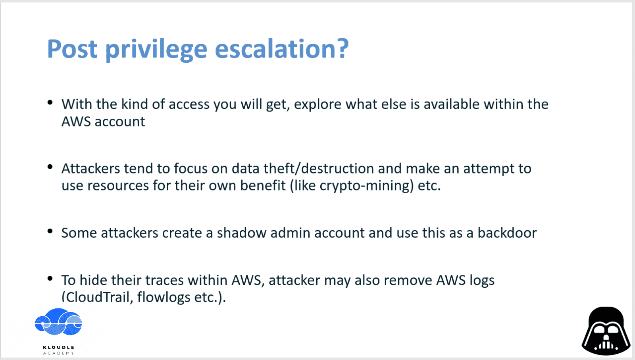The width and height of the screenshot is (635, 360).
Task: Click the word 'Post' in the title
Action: coord(72,49)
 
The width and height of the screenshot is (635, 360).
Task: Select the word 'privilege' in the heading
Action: coord(156,50)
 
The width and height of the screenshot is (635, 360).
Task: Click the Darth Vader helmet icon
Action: coord(606,331)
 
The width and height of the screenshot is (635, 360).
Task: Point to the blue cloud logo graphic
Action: coord(58,322)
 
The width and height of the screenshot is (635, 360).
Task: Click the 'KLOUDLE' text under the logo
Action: coord(59,347)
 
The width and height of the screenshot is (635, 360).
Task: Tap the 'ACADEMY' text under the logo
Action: coord(59,353)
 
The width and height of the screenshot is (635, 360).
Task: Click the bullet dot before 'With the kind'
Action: coord(50,102)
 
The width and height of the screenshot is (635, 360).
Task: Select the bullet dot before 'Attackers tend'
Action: coord(50,167)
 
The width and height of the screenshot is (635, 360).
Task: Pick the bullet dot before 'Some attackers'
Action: coord(50,231)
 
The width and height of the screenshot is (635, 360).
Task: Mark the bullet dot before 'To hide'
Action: coord(50,278)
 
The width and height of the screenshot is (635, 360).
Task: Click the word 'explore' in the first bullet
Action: coord(317,105)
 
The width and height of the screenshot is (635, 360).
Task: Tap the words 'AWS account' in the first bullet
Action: coord(103,121)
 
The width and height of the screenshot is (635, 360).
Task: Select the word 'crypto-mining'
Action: coord(367,186)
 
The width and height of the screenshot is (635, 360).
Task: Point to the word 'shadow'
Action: coord(242,233)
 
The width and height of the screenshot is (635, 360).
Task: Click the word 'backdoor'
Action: coord(507,233)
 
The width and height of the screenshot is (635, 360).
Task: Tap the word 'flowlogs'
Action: coord(164,298)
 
